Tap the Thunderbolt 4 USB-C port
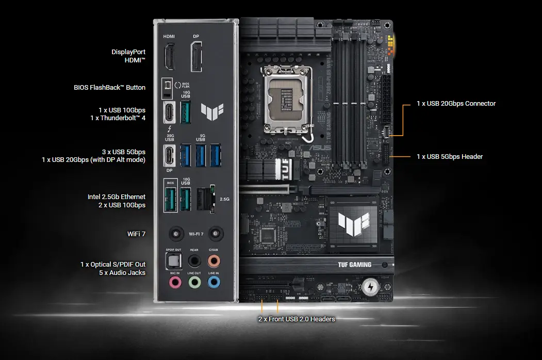[169, 113]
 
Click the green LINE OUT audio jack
[194, 282]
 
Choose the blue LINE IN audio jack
[213, 282]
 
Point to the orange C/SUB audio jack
[213, 260]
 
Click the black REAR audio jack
[194, 260]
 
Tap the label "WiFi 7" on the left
[136, 234]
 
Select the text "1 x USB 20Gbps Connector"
[456, 104]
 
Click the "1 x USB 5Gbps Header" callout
[450, 156]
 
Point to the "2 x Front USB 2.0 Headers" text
[297, 319]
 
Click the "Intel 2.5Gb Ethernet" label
[117, 197]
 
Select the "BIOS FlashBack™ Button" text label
[109, 88]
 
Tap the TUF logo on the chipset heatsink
[354, 223]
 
